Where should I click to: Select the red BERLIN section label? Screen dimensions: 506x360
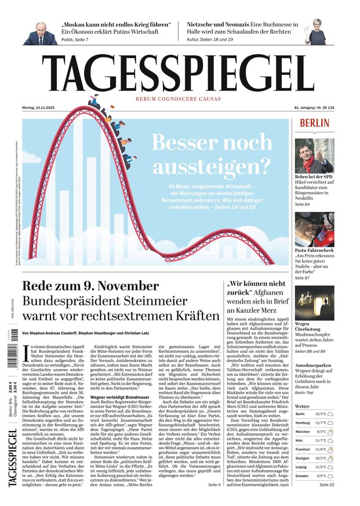click(x=315, y=123)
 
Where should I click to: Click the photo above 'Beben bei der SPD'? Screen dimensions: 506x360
click(x=314, y=155)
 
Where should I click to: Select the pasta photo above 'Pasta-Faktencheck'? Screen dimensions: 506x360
click(x=314, y=229)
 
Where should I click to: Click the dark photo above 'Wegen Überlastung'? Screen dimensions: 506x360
click(x=314, y=302)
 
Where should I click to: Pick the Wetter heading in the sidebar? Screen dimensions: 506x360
click(x=302, y=406)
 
